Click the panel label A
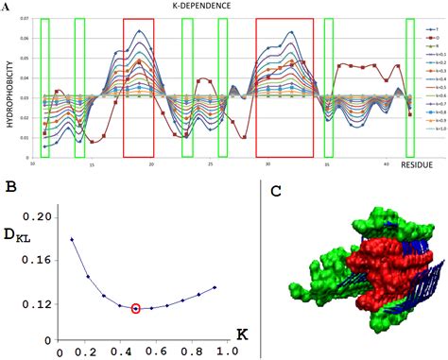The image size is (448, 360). pyautogui.click(x=6, y=7)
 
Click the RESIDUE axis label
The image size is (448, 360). pyautogui.click(x=419, y=166)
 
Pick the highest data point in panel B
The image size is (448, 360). pyautogui.click(x=72, y=239)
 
